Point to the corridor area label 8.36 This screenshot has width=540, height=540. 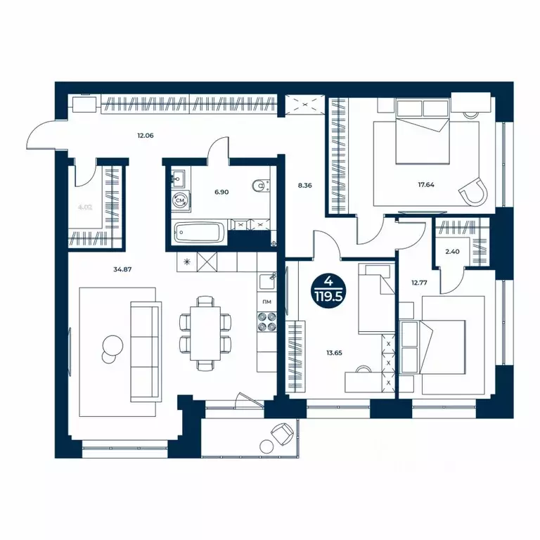pyautogui.click(x=304, y=186)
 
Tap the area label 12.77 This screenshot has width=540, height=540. pyautogui.click(x=420, y=283)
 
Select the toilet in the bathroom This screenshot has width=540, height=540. pyautogui.click(x=262, y=185)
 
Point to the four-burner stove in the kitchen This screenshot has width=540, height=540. pyautogui.click(x=268, y=322)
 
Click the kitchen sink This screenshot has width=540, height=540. pyautogui.click(x=268, y=282)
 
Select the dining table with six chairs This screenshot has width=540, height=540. pyautogui.click(x=206, y=333)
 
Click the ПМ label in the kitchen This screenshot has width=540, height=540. pyautogui.click(x=267, y=302)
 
